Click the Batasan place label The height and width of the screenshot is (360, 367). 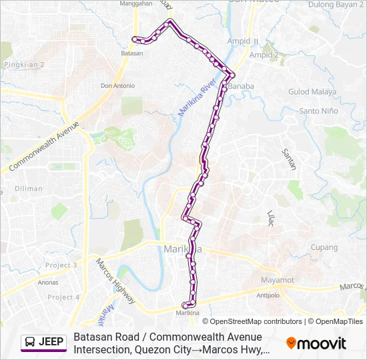(x=132, y=53)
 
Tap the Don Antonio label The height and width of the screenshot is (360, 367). (x=117, y=86)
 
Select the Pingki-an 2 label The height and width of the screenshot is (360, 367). (x=24, y=65)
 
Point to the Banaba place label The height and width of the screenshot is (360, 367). (x=242, y=87)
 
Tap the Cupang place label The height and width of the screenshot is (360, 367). (x=324, y=247)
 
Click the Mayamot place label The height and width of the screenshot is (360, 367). (x=278, y=280)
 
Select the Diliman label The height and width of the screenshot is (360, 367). (x=29, y=189)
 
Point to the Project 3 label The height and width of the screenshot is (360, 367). (x=61, y=265)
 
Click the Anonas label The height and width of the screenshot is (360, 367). (x=48, y=282)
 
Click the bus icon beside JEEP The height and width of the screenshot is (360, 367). (x=30, y=343)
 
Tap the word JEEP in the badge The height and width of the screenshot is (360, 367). (x=51, y=343)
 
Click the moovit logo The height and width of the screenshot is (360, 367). (x=316, y=343)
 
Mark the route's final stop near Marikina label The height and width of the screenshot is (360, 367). (x=185, y=305)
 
